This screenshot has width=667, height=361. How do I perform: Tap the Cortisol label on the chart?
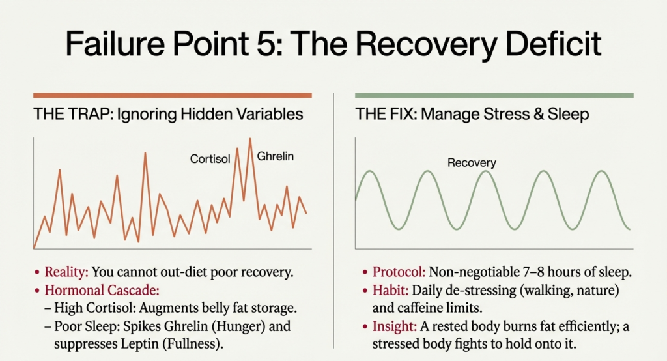coord(210,158)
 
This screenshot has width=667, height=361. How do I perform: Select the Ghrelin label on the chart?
coord(275,156)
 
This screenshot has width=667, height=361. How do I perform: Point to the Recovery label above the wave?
coord(472,162)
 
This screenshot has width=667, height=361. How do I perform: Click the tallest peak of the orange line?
coord(249,139)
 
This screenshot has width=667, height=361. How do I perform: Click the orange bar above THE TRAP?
coord(172,95)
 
